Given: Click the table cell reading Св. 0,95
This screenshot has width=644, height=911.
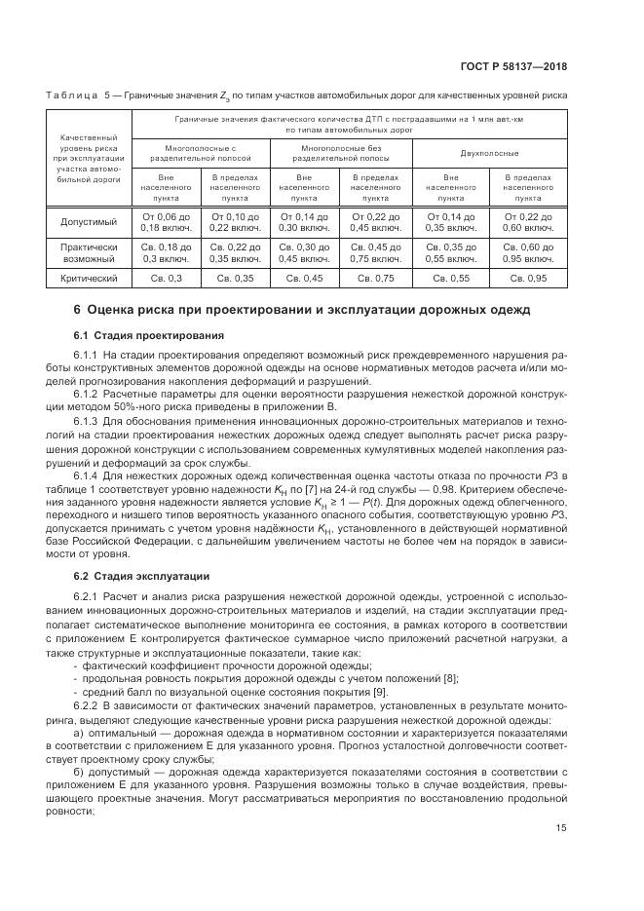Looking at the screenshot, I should click(x=528, y=278).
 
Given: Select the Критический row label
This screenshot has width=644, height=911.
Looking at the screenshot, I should click(x=90, y=278).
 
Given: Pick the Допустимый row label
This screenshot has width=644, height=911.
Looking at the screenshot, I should click(x=90, y=221).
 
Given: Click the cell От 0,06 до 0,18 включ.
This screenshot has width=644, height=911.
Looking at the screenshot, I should click(x=166, y=221).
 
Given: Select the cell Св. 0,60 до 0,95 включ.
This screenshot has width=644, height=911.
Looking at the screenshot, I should click(x=528, y=253).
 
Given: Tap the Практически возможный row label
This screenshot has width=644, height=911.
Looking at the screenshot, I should click(x=90, y=253).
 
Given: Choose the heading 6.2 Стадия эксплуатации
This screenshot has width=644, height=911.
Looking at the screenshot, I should click(x=131, y=576).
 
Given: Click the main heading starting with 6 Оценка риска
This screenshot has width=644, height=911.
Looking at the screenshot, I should click(x=302, y=311).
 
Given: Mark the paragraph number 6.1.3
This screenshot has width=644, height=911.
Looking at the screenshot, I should click(x=89, y=418).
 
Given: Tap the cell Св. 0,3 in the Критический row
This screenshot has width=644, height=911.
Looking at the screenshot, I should click(x=166, y=278).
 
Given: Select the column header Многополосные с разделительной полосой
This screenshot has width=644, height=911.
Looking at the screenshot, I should click(x=201, y=153).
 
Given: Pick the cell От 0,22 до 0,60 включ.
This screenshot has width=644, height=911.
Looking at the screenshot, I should click(x=528, y=221).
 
